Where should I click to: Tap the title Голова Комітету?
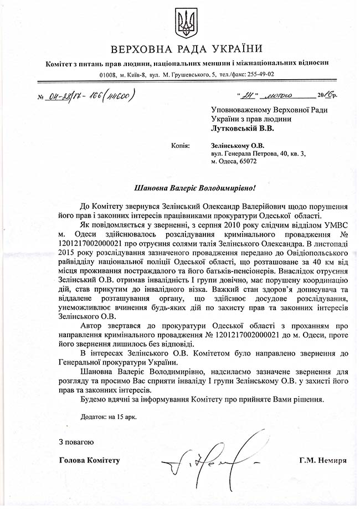[x=89, y=460]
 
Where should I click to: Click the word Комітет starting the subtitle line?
[x=61, y=63]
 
